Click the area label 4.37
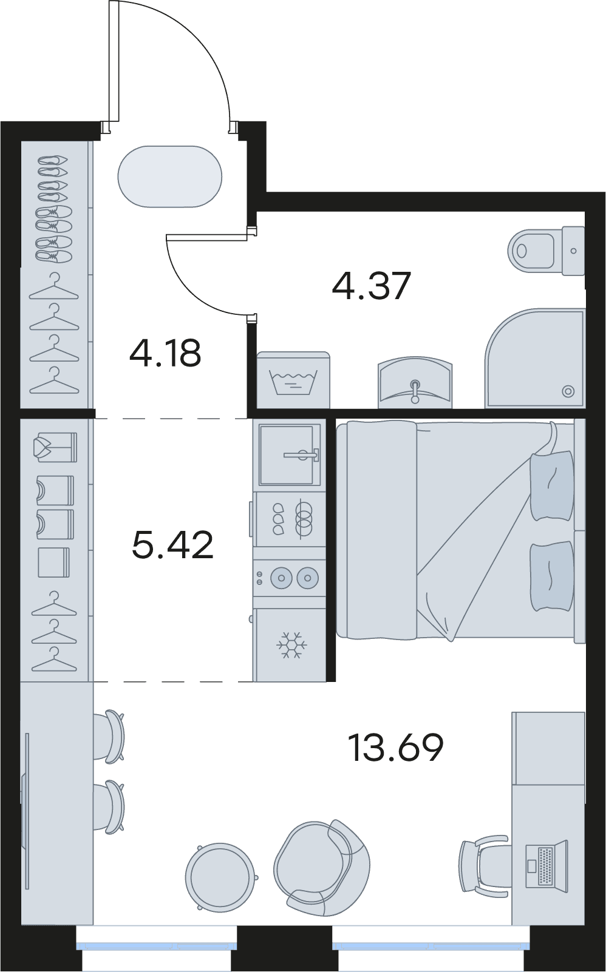371,286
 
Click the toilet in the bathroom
546,251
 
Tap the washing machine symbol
294,380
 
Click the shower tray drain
568,391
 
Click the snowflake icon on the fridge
290,644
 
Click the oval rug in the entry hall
170,176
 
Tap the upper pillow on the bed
551,485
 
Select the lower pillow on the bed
551,576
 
